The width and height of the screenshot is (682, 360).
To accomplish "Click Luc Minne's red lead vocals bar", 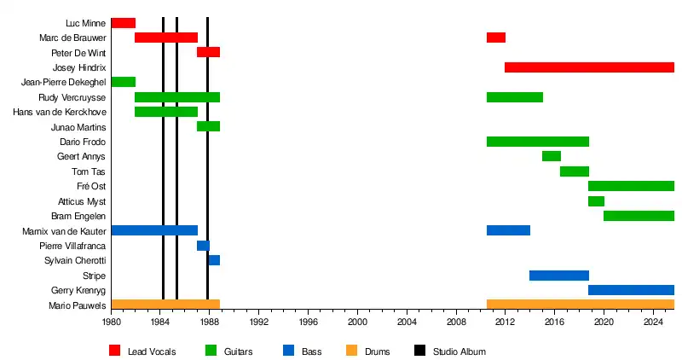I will [x=123, y=23].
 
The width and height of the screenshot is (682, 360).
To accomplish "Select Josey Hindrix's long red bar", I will [x=589, y=67].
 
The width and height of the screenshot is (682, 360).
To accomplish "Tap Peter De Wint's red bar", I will [x=208, y=52].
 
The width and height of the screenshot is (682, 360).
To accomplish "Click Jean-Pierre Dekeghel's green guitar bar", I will [x=123, y=82].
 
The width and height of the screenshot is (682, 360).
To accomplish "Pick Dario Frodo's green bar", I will [x=537, y=142].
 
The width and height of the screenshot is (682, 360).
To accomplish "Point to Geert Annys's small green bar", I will [x=551, y=156].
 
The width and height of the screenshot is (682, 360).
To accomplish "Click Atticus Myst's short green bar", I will [x=596, y=201].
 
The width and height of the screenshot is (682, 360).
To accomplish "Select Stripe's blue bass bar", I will [x=558, y=276].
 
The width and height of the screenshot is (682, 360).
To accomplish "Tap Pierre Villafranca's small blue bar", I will [x=203, y=246].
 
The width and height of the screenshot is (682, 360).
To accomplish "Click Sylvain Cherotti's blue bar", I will [x=214, y=260].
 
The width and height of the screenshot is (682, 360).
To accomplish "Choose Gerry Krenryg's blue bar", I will [x=631, y=290].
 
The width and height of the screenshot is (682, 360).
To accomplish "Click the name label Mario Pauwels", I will [x=77, y=305].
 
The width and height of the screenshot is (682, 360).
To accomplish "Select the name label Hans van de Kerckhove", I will [x=59, y=112].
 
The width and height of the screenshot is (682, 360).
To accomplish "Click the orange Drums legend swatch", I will [x=351, y=351].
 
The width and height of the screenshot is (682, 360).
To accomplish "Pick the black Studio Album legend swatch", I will [x=420, y=351].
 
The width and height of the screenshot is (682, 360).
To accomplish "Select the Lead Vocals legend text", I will [x=152, y=351].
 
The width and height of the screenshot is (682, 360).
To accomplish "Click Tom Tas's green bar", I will [x=574, y=171].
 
